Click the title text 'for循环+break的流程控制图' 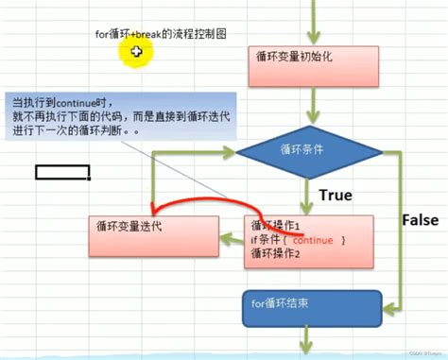(x=160, y=34)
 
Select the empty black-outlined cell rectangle (x=62, y=172)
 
